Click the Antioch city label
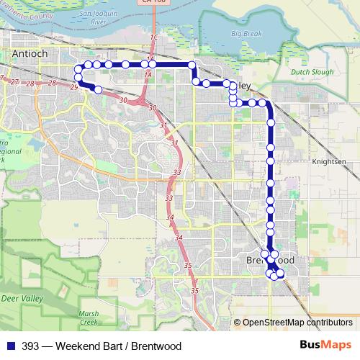click(x=31, y=54)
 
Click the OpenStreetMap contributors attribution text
click(x=297, y=323)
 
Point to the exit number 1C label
click(x=153, y=36)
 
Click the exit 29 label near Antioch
click(x=74, y=88)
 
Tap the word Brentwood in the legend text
click(x=156, y=346)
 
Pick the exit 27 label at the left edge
click(x=14, y=82)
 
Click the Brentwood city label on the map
click(x=270, y=259)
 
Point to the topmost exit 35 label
click(x=186, y=266)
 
